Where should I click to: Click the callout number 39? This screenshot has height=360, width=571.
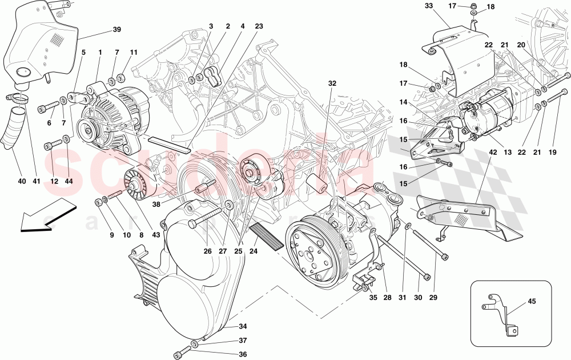[x=116, y=30]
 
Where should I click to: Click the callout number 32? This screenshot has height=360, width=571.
[x=332, y=83]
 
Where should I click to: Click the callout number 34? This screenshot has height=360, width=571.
[x=243, y=327]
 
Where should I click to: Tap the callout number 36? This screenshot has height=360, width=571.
[x=243, y=354]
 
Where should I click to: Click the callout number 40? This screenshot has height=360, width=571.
[x=22, y=182]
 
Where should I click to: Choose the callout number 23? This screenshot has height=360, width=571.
[x=259, y=26]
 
